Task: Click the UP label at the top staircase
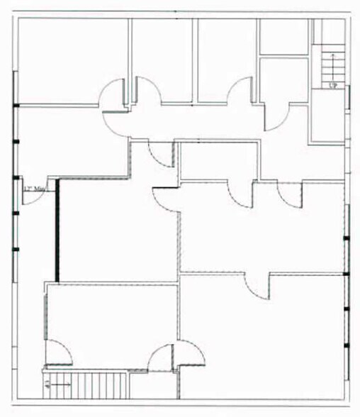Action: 331,85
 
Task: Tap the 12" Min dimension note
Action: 31,189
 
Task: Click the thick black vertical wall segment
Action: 57,230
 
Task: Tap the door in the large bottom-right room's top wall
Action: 257,286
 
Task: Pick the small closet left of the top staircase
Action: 283,35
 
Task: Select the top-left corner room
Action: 72,61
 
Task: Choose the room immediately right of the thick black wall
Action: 117,227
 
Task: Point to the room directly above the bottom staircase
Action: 110,323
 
